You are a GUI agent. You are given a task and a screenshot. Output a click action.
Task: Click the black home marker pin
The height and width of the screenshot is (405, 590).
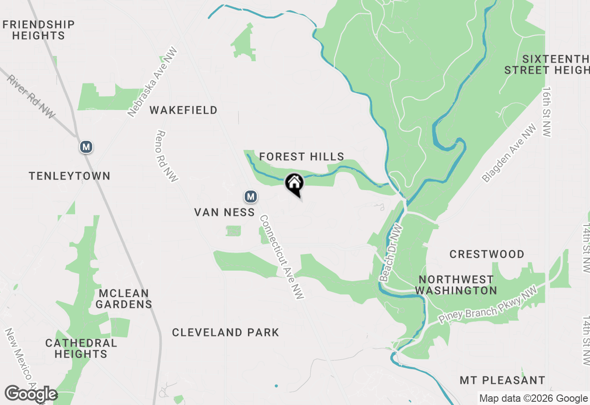tap(295, 185)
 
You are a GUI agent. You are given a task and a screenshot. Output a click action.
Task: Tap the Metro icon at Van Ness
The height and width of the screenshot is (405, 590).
tap(250, 197)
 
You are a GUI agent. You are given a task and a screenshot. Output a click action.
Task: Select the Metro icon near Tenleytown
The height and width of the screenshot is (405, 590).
tap(86, 147)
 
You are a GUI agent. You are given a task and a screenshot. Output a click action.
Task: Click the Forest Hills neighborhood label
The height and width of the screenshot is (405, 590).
tap(301, 157)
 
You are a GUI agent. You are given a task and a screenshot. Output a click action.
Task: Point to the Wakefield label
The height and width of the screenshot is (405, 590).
tap(183, 110)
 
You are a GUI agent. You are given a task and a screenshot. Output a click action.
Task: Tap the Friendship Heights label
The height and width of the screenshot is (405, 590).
tap(39, 30)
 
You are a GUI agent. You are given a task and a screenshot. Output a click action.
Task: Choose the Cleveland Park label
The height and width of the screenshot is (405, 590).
tap(225, 332)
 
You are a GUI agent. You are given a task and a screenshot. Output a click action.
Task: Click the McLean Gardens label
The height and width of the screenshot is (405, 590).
tap(124, 299)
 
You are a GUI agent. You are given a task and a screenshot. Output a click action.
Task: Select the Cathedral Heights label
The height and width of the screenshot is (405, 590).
tap(81, 348)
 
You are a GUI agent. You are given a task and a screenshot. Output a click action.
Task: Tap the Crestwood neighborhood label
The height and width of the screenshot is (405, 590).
tap(487, 254)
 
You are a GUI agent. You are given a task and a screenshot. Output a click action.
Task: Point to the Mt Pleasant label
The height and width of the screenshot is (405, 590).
tap(502, 381)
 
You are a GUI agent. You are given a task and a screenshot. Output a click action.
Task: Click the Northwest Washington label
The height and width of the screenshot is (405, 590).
tap(456, 285)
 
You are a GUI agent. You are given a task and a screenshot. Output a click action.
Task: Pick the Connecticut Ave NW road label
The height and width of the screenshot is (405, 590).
tap(282, 257)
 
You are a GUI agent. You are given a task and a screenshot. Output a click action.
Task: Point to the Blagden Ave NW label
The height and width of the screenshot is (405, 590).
tap(509, 153)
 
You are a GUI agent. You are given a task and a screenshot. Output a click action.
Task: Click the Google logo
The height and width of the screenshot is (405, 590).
tap(31, 394)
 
